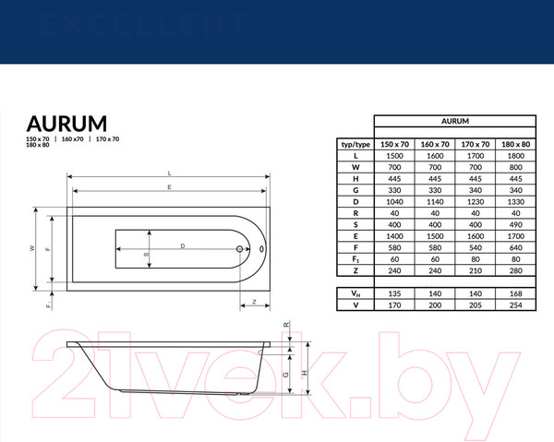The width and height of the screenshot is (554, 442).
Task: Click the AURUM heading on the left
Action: (66, 124)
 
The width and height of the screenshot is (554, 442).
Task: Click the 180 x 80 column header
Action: (516, 145)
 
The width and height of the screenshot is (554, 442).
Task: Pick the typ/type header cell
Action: (355, 145)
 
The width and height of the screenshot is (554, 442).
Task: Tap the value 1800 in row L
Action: (516, 157)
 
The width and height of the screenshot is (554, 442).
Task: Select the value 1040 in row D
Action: (395, 200)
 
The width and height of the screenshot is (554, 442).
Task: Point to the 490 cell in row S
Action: (516, 224)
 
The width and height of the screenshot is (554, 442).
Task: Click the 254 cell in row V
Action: (516, 305)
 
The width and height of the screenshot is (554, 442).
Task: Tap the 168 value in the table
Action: (516, 293)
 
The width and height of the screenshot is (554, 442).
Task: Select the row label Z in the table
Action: (355, 272)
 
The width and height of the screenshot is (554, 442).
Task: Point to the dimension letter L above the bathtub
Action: (169, 173)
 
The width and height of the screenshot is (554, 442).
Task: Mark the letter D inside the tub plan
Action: (183, 245)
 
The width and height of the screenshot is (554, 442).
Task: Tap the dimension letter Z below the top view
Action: (252, 303)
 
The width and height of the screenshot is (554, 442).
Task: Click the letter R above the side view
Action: (287, 325)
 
